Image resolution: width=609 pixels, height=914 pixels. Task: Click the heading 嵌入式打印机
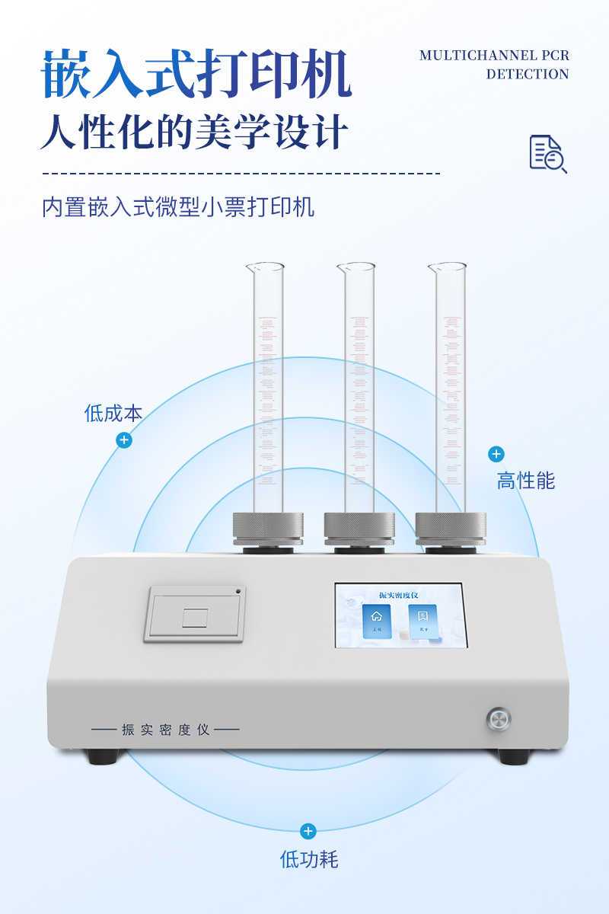coord(196,75)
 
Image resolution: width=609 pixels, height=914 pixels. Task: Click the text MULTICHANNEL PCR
coord(494,56)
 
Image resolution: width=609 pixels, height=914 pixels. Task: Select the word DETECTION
coord(528,75)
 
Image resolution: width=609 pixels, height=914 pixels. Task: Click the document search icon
coord(547,154)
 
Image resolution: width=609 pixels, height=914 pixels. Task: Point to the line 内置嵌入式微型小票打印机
coord(178,207)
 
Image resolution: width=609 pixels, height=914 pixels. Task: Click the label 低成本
coord(113,414)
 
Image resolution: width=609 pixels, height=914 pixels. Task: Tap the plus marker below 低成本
coord(124,440)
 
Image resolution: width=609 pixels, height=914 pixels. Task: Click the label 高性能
coord(526,481)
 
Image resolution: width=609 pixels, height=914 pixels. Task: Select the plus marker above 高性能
coord(496,455)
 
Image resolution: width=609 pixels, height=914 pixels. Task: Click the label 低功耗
coord(308,860)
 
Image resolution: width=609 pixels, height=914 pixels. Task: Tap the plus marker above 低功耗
coord(308,831)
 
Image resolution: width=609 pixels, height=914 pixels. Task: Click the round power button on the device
coord(499,719)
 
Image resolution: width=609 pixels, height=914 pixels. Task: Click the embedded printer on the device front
coord(195,614)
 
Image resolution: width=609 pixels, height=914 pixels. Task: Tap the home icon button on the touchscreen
coord(376,621)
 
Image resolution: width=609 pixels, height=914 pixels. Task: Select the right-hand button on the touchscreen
coord(423,621)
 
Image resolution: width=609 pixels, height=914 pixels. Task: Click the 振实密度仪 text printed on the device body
coord(165,730)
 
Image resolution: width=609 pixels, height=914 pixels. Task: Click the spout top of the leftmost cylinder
coord(264,267)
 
